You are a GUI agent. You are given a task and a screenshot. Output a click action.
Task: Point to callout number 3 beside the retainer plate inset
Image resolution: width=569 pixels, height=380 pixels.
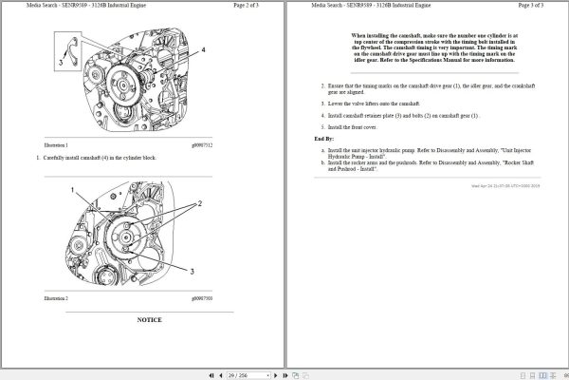pyautogui.click(x=60, y=63)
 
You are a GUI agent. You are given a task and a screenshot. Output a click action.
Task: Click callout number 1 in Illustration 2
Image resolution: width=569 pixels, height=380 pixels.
pyautogui.click(x=69, y=191)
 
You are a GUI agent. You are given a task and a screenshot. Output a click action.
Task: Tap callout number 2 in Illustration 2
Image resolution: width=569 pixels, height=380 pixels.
pyautogui.click(x=200, y=204)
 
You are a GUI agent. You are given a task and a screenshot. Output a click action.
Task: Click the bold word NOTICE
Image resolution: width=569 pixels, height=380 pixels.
pyautogui.click(x=149, y=320)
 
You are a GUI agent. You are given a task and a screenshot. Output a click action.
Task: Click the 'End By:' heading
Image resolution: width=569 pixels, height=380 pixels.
pyautogui.click(x=324, y=139)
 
